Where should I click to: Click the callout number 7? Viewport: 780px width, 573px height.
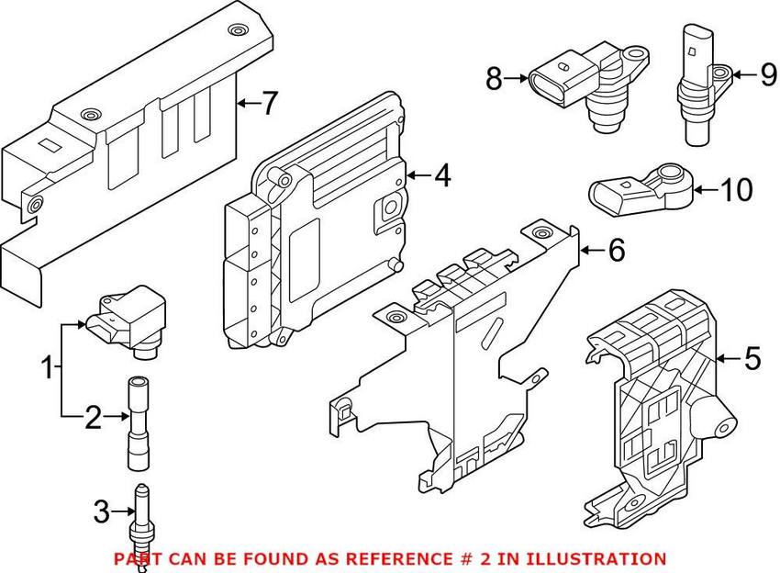pyautogui.click(x=267, y=104)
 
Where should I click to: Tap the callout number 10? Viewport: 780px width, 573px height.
pyautogui.click(x=736, y=191)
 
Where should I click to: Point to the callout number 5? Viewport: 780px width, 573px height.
pyautogui.click(x=752, y=358)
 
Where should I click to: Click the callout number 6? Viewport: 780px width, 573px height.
pyautogui.click(x=616, y=249)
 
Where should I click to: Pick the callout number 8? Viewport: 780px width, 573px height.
pyautogui.click(x=495, y=80)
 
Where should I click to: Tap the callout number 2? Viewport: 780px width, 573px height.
pyautogui.click(x=93, y=419)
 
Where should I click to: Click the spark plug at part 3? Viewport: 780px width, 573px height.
pyautogui.click(x=141, y=523)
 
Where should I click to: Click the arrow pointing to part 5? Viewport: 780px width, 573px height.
pyautogui.click(x=729, y=358)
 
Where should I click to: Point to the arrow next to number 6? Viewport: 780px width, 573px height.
pyautogui.click(x=592, y=249)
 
